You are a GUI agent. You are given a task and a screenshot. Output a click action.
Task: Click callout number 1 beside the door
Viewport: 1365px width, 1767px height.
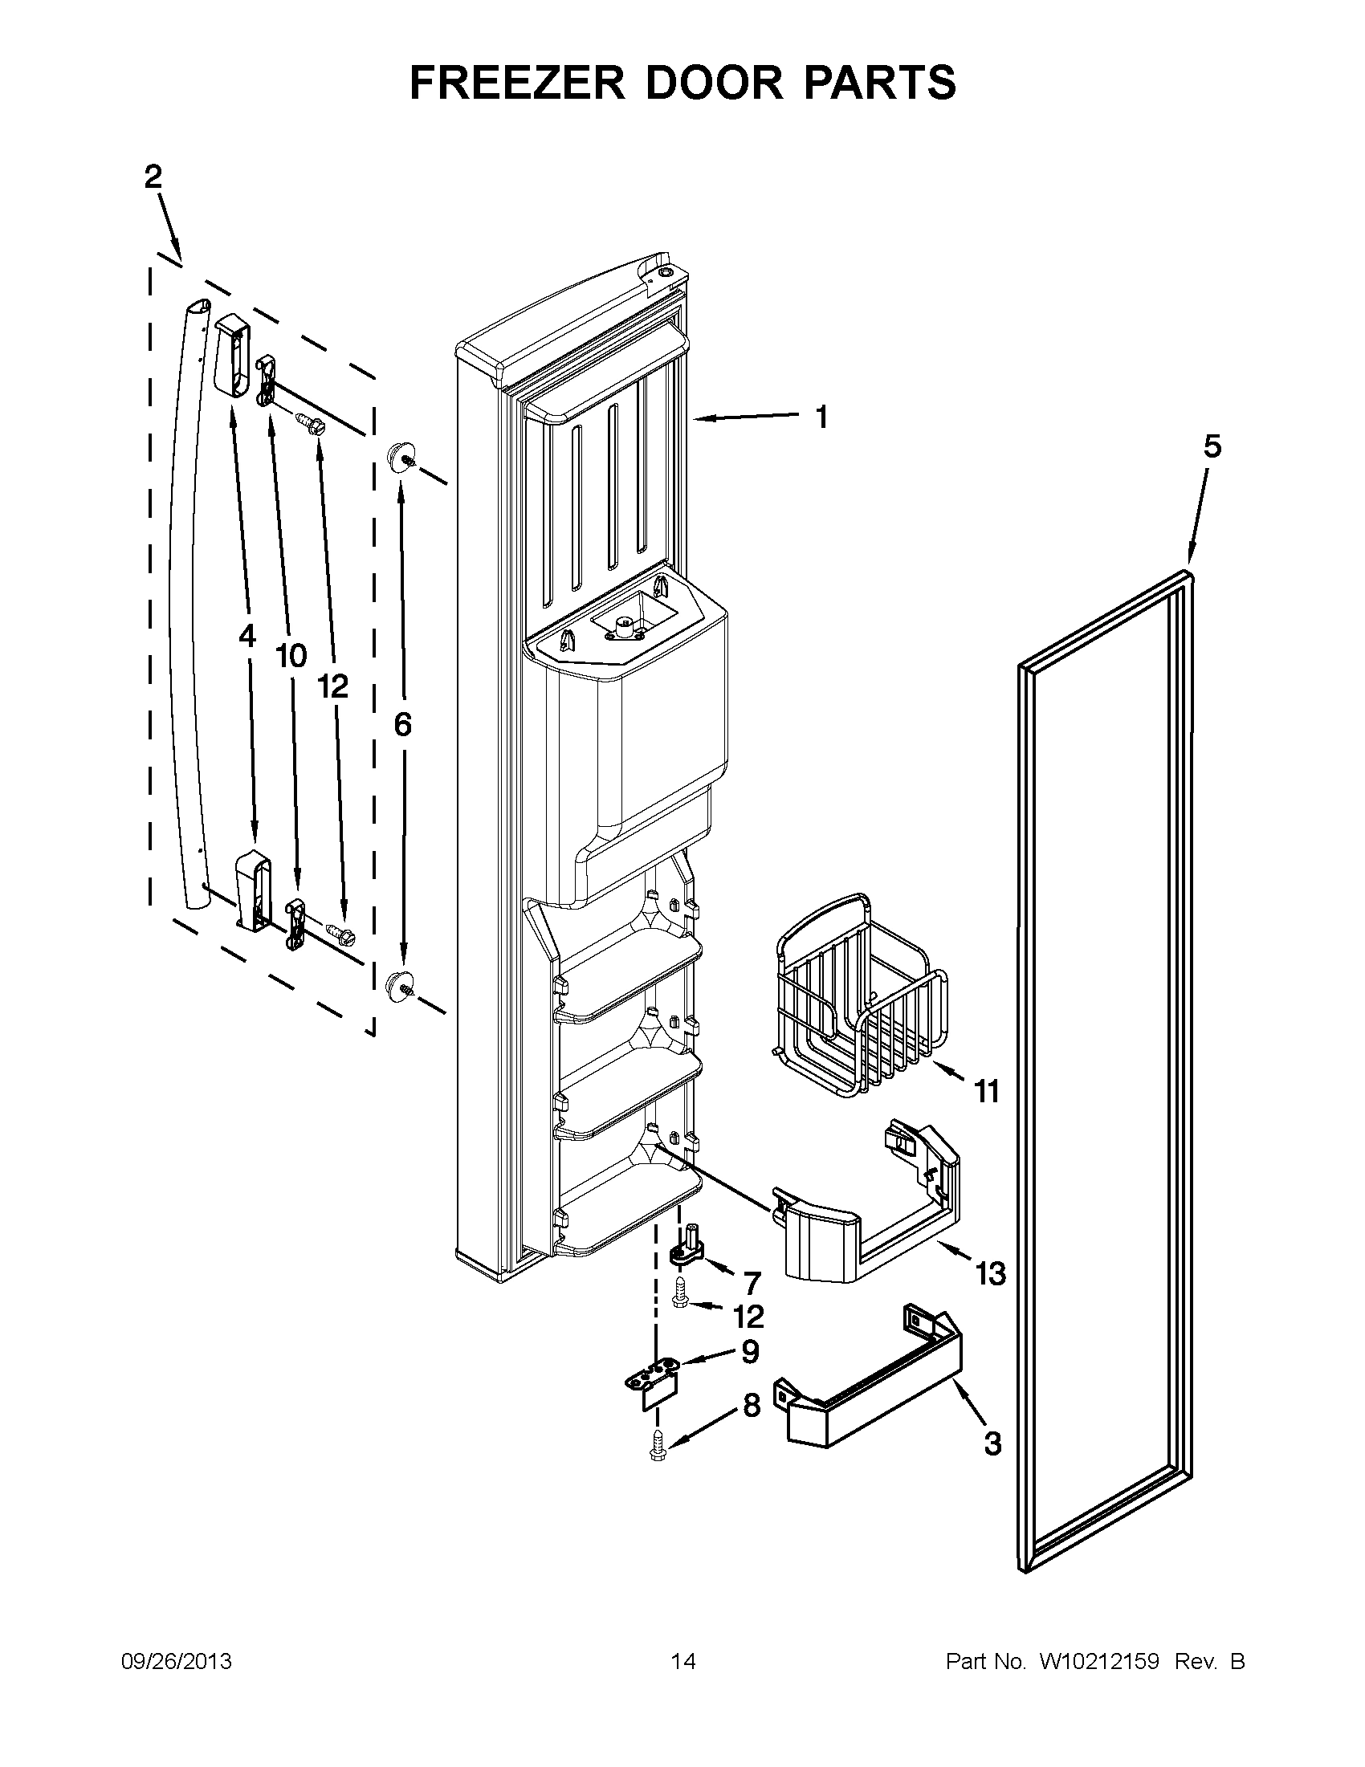pos(821,417)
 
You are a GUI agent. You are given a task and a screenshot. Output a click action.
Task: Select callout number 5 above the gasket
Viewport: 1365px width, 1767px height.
pos(1212,446)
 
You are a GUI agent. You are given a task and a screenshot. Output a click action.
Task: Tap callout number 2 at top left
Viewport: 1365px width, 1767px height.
pos(153,177)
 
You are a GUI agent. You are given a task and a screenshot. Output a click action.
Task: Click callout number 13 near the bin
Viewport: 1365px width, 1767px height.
pos(989,1274)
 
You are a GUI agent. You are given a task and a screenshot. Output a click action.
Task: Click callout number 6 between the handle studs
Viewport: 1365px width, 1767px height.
pos(402,725)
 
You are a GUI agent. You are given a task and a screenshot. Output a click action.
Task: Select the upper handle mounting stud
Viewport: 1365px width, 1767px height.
pos(401,458)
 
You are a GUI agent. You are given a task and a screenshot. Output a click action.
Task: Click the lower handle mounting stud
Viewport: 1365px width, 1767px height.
pos(401,986)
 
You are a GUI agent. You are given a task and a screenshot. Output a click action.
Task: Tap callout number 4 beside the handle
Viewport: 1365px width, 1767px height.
pos(247,637)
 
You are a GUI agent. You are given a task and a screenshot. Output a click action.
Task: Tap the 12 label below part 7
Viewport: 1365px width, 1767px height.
pos(748,1318)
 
